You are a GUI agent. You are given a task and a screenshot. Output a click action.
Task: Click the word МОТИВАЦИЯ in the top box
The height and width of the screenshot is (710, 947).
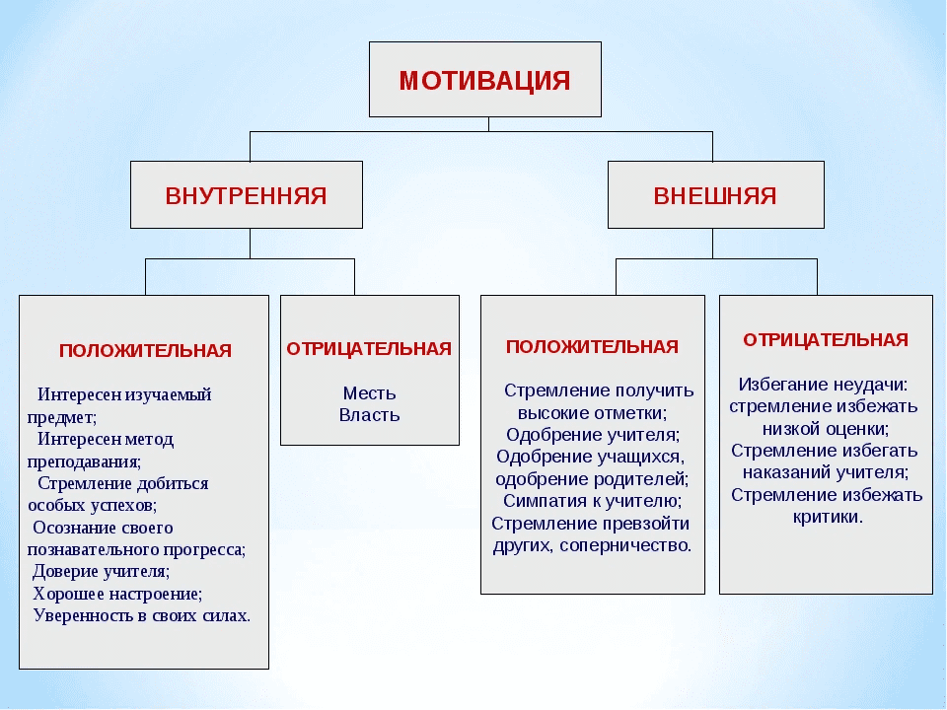tap(484, 80)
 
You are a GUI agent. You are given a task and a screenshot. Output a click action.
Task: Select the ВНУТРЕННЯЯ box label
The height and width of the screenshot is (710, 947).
tap(246, 195)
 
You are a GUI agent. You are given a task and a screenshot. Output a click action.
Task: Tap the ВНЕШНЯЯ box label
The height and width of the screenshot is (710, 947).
tap(715, 195)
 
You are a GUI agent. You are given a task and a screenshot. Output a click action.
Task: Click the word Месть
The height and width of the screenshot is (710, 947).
tap(369, 393)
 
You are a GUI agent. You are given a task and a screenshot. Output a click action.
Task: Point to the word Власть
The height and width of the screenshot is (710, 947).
tap(369, 414)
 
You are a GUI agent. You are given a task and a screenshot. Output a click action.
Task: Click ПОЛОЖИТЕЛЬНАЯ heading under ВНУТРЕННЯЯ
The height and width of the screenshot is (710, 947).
tap(145, 350)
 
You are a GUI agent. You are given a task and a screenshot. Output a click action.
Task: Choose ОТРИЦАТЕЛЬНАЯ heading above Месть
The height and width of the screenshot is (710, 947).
tap(369, 348)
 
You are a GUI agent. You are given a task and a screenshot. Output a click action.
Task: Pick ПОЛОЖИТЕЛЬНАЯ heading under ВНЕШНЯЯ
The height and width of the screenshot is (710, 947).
tap(592, 346)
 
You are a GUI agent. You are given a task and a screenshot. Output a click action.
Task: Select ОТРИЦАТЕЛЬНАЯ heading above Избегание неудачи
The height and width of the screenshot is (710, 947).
tap(826, 340)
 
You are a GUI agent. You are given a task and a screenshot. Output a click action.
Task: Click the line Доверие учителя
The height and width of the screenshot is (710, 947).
tap(101, 571)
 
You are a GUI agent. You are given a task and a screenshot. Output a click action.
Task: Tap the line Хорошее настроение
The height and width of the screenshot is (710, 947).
tap(117, 594)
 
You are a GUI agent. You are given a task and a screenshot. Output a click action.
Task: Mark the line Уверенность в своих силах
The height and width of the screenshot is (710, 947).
tap(141, 616)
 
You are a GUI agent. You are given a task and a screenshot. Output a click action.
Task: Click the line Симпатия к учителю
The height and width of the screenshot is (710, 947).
tap(592, 501)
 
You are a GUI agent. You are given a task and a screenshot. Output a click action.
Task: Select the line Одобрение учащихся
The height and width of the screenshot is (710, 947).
tap(590, 457)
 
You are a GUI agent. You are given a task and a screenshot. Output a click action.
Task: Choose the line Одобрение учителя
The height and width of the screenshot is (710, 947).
tap(592, 434)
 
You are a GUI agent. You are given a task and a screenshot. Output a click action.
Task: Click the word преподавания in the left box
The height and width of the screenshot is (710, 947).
tap(84, 461)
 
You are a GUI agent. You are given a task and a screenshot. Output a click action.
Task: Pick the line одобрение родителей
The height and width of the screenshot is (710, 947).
tap(592, 479)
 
